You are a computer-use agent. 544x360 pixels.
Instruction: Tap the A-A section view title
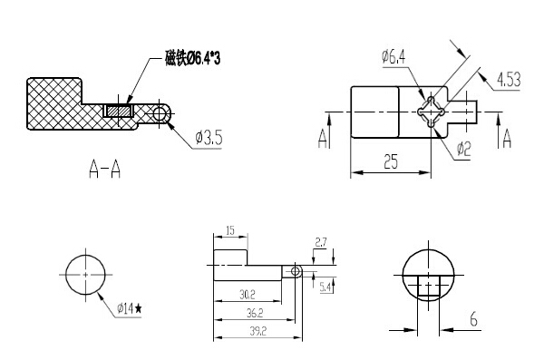[105, 170]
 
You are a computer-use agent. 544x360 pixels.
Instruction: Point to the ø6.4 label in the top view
[393, 58]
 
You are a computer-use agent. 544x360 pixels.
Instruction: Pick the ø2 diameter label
[462, 147]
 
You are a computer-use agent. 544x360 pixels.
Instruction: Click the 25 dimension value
[391, 163]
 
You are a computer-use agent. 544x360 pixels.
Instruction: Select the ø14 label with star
[130, 308]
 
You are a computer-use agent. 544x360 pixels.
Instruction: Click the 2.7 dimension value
[319, 243]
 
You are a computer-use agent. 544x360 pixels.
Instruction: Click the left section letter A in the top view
[323, 137]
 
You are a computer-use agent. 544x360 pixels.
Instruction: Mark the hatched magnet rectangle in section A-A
[118, 111]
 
